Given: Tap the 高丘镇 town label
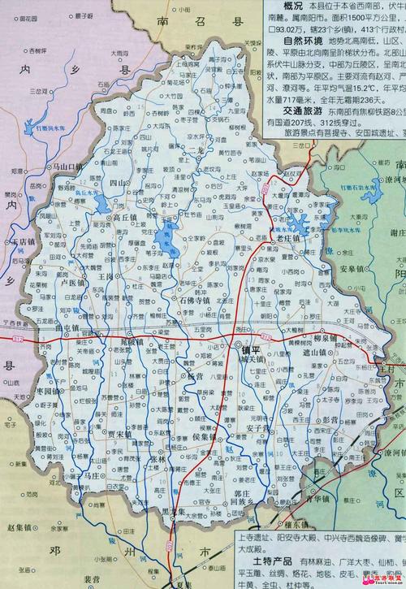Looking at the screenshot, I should (x=129, y=219).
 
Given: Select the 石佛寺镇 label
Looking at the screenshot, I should (x=193, y=300).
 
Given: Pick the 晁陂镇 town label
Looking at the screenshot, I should (x=130, y=341).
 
